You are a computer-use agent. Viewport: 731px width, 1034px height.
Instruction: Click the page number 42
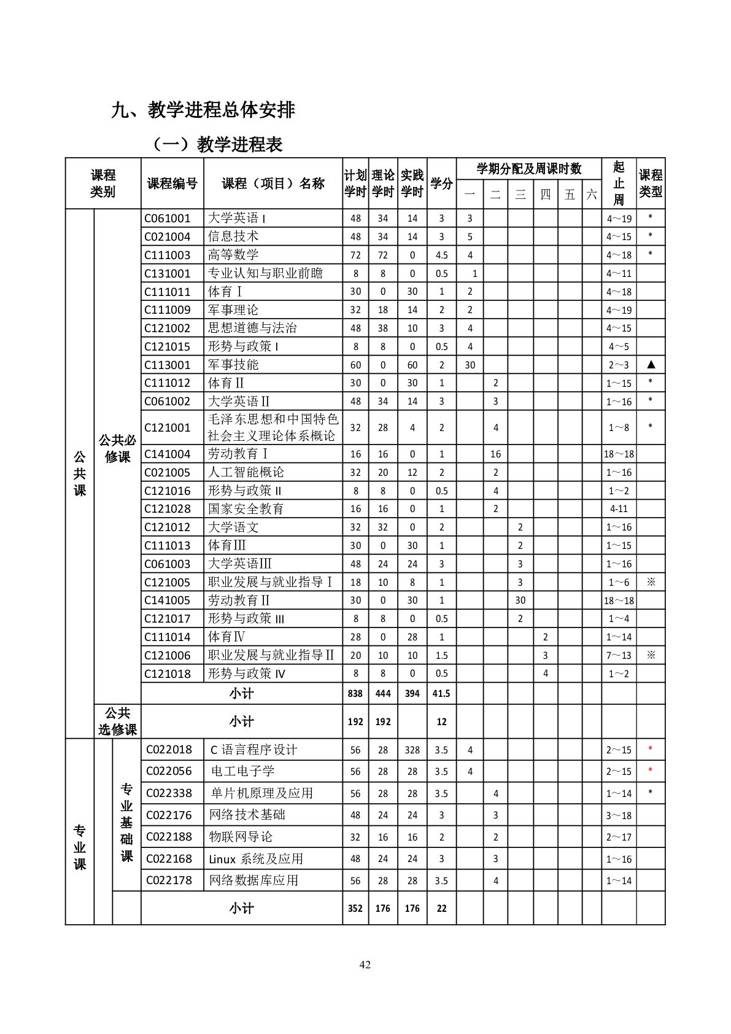365,965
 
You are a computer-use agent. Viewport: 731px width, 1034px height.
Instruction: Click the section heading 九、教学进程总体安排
203,110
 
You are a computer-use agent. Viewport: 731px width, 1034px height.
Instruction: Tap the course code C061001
168,218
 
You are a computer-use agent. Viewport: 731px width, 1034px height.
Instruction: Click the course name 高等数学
233,255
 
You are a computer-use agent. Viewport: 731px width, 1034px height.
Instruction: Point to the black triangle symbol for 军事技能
651,365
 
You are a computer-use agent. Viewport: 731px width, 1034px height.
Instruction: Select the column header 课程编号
172,184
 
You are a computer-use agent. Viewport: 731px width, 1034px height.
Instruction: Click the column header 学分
441,184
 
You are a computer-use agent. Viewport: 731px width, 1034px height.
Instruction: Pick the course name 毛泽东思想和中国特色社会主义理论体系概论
273,427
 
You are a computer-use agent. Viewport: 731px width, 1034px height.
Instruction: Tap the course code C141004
168,454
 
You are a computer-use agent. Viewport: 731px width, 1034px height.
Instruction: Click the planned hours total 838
355,693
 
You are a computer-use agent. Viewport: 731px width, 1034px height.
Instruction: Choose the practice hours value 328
412,750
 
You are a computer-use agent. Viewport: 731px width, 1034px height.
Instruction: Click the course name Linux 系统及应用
256,859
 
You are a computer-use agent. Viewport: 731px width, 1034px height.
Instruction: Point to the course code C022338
169,793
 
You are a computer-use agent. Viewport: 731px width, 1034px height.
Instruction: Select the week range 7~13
619,655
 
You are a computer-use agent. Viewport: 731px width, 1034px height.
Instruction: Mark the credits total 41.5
441,693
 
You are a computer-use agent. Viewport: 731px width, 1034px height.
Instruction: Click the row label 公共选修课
117,721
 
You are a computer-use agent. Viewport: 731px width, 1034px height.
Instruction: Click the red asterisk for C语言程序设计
651,749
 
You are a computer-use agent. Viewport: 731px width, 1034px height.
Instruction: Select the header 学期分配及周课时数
529,169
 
